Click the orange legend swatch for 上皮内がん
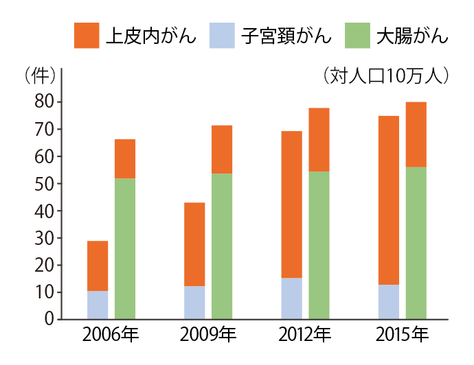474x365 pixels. click(x=87, y=36)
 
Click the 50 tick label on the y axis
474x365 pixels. click(x=45, y=184)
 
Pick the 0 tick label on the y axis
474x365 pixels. click(x=49, y=319)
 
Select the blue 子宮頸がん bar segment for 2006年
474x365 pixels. click(x=98, y=305)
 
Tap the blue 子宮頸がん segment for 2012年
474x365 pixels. click(x=292, y=298)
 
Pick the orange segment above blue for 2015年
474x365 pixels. click(x=389, y=200)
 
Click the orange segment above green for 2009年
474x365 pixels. click(x=222, y=150)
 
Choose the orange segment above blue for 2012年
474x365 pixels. click(x=292, y=204)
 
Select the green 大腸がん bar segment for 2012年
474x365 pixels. click(x=319, y=245)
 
